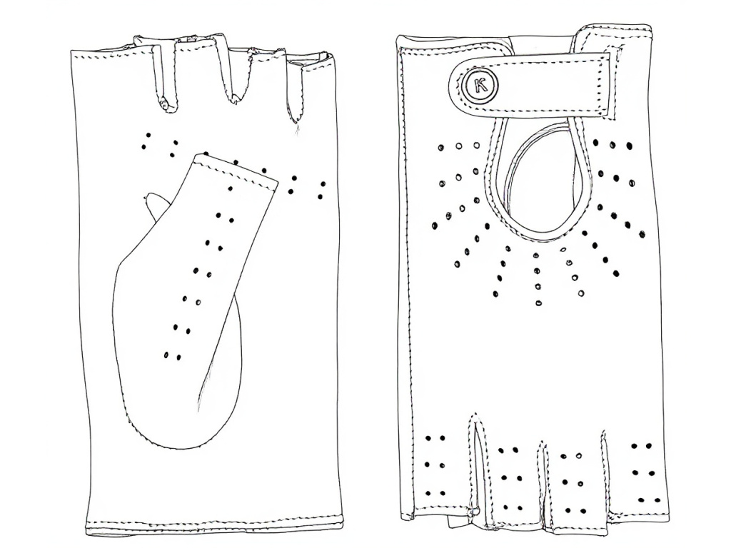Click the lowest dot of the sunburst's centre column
tap(537, 303)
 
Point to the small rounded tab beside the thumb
tap(153, 202)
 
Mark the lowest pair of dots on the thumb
tap(172, 354)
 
